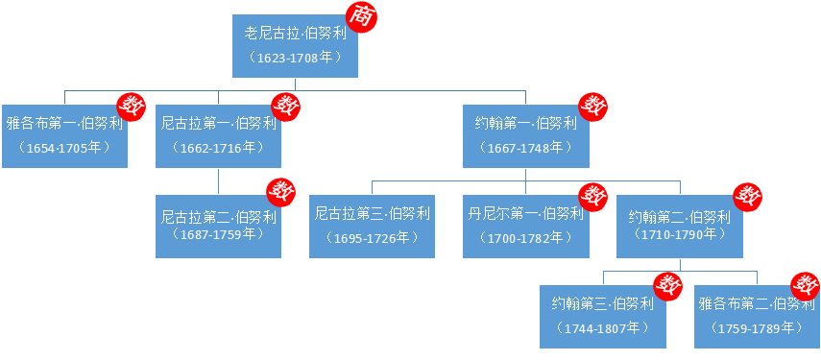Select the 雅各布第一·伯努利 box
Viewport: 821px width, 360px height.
coord(64,135)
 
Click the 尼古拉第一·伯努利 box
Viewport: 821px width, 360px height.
coord(218,135)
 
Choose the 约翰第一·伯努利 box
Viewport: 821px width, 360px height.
coord(525,135)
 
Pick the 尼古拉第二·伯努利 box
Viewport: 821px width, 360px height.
coord(218,226)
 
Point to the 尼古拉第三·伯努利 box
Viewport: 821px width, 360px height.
coord(372,226)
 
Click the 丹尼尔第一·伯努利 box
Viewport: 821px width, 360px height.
coord(525,226)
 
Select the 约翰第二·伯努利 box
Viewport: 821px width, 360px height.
coord(679,226)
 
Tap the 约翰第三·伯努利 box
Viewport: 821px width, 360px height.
coord(602,316)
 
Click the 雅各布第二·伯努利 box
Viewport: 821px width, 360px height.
coord(756,316)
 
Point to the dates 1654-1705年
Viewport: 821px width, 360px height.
coord(64,148)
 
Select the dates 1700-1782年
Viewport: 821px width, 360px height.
coord(525,237)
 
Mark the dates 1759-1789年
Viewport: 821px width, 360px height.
coord(756,328)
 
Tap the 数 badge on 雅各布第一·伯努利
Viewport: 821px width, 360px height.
coord(131,105)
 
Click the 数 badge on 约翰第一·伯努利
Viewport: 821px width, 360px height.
coord(593,105)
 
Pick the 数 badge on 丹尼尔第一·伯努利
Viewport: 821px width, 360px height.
coord(593,195)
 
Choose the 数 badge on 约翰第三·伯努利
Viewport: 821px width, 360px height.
coord(668,285)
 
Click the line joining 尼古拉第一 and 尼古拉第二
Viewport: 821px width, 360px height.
coord(218,181)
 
